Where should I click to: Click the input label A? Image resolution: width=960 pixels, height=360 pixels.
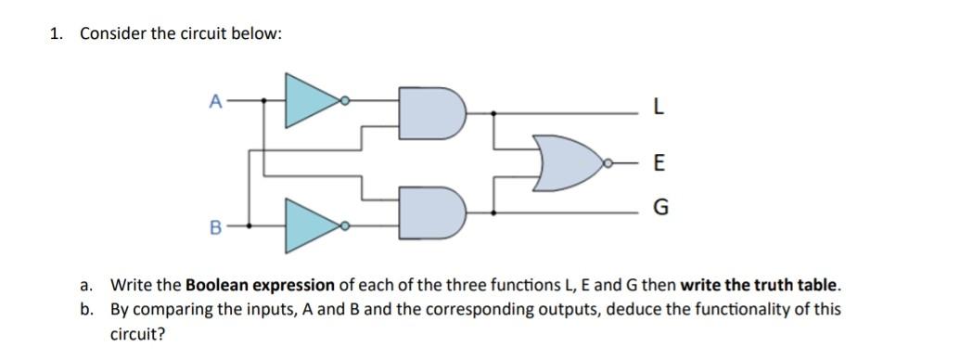click(x=215, y=99)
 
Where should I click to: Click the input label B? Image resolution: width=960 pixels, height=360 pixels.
click(x=215, y=225)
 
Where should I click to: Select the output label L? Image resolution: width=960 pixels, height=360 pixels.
click(x=658, y=108)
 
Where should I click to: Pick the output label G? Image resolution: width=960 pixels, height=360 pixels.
click(x=659, y=208)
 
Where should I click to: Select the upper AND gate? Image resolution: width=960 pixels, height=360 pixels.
click(x=429, y=112)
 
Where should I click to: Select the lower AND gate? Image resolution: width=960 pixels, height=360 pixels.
click(x=429, y=212)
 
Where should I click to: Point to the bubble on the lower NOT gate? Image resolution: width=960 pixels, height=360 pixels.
click(x=345, y=225)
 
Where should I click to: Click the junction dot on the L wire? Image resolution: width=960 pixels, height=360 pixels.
click(x=493, y=112)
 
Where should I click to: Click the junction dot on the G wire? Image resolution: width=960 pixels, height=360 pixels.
click(x=493, y=212)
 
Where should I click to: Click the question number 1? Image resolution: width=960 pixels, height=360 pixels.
click(x=57, y=34)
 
